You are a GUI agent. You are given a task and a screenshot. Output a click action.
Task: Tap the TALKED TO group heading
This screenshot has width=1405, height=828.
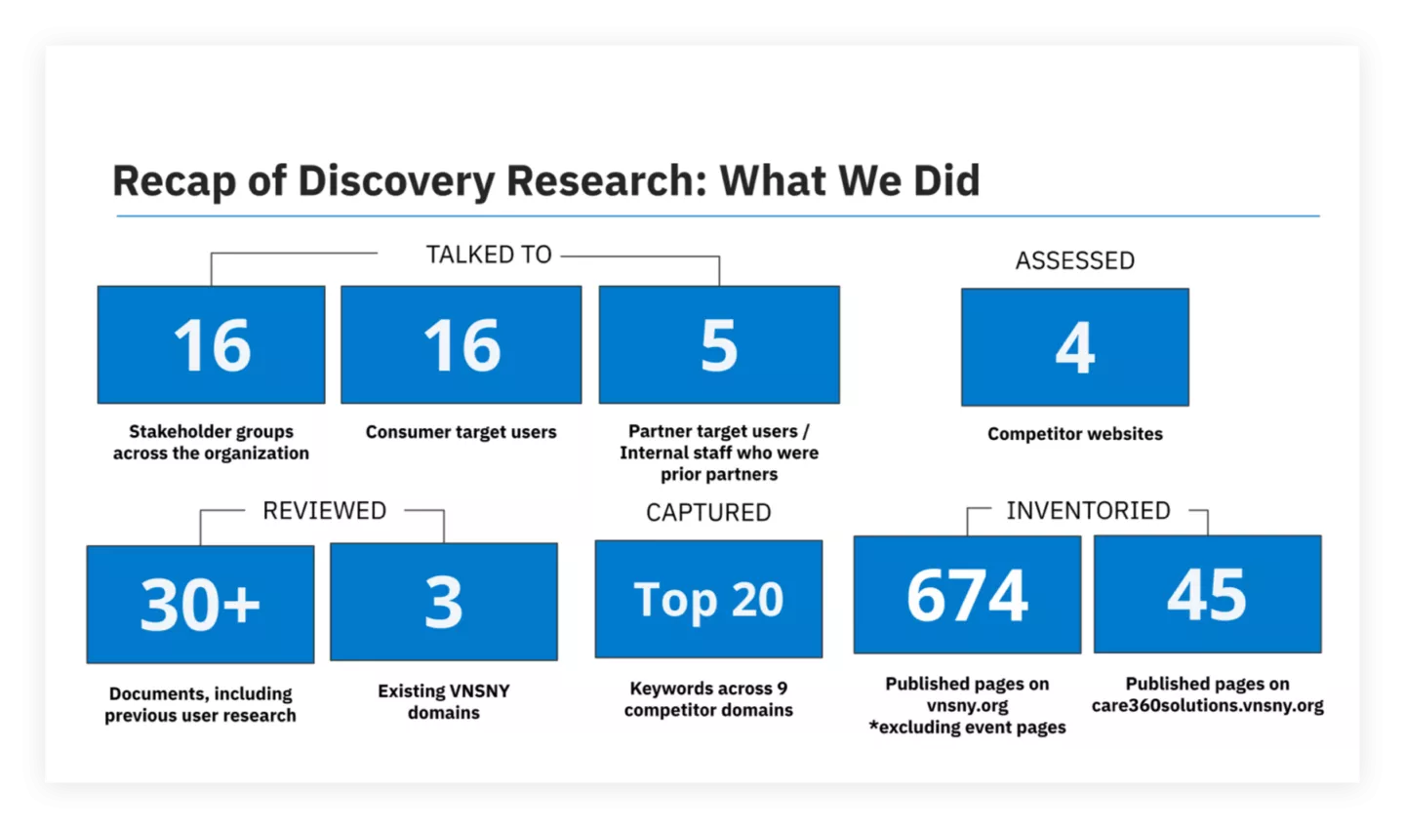coord(489,255)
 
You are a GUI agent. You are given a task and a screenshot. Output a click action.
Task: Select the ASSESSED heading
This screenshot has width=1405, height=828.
coord(1075,260)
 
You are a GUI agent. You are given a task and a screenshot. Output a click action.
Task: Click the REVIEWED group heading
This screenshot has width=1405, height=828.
coord(324,511)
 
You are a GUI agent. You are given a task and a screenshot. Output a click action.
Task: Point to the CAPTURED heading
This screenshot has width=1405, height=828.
coord(708,513)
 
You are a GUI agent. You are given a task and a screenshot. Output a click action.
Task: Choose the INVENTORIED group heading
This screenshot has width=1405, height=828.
coord(1088,511)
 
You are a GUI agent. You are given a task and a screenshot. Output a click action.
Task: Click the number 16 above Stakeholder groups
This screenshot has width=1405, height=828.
coord(212,345)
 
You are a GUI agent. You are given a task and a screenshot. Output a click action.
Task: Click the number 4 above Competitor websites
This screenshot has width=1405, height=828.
coord(1075,348)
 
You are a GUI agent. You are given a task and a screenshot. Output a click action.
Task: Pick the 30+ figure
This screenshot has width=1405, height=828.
coord(200,605)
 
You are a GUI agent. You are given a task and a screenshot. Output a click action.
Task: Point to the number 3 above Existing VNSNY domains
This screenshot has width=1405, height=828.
coord(443,603)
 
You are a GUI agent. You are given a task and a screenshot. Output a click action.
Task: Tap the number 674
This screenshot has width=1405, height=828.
coord(967,596)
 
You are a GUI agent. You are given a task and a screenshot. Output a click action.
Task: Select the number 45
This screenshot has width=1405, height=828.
coord(1207,595)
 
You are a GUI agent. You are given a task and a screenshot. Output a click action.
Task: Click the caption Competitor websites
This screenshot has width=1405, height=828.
coord(1075,434)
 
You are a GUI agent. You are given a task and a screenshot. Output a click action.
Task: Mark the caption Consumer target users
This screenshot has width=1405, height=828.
coord(461,432)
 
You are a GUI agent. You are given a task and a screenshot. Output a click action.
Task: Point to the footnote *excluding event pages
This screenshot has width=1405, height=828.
coord(967,728)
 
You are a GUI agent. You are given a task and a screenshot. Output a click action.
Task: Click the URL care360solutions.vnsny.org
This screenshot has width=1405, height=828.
coord(1208,706)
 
